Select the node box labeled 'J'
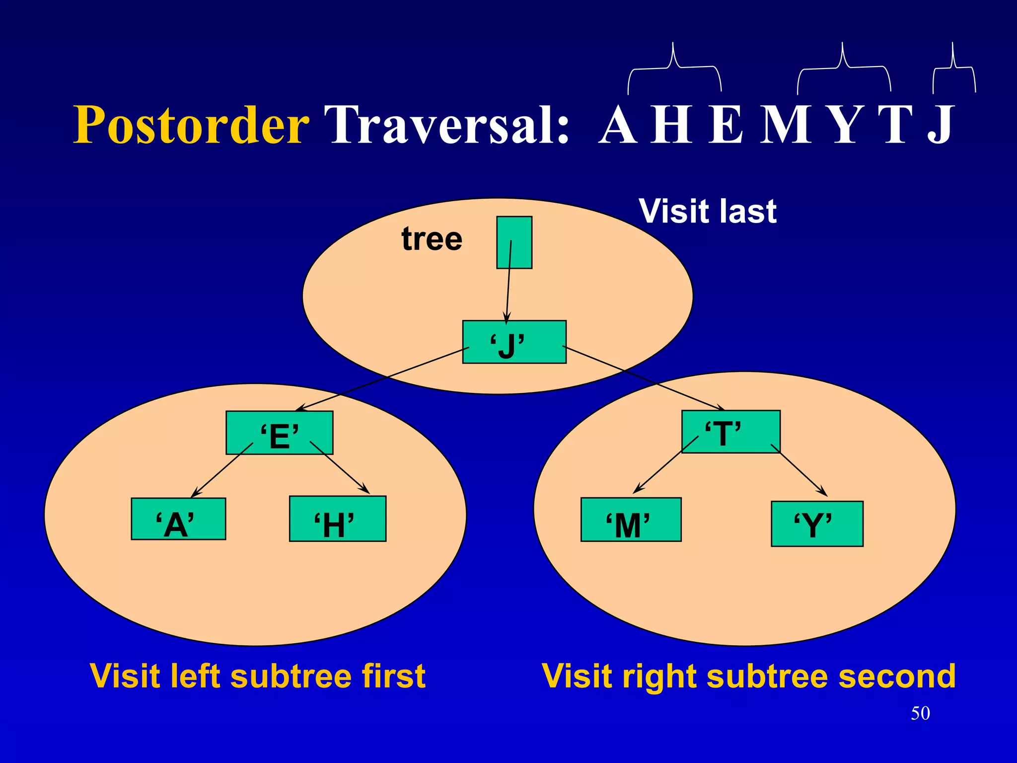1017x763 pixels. pyautogui.click(x=514, y=342)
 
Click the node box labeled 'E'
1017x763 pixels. pyautogui.click(x=279, y=433)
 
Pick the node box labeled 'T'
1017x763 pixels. pyautogui.click(x=730, y=432)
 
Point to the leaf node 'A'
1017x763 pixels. pyautogui.click(x=178, y=519)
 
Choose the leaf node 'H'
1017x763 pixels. pyautogui.click(x=338, y=519)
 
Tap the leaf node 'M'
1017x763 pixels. pyautogui.click(x=631, y=520)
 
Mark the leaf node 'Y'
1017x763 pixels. pyautogui.click(x=817, y=524)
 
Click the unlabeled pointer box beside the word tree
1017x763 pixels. pyautogui.click(x=514, y=242)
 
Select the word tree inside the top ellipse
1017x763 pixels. pyautogui.click(x=432, y=239)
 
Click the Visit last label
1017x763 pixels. pyautogui.click(x=708, y=211)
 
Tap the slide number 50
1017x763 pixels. pyautogui.click(x=920, y=713)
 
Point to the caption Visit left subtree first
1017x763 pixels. pyautogui.click(x=258, y=676)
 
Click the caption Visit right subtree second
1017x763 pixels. pyautogui.click(x=749, y=676)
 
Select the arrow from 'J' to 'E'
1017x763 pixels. pyautogui.click(x=382, y=379)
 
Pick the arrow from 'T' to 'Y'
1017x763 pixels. pyautogui.click(x=799, y=470)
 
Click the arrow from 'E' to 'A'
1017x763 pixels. pyautogui.click(x=222, y=470)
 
